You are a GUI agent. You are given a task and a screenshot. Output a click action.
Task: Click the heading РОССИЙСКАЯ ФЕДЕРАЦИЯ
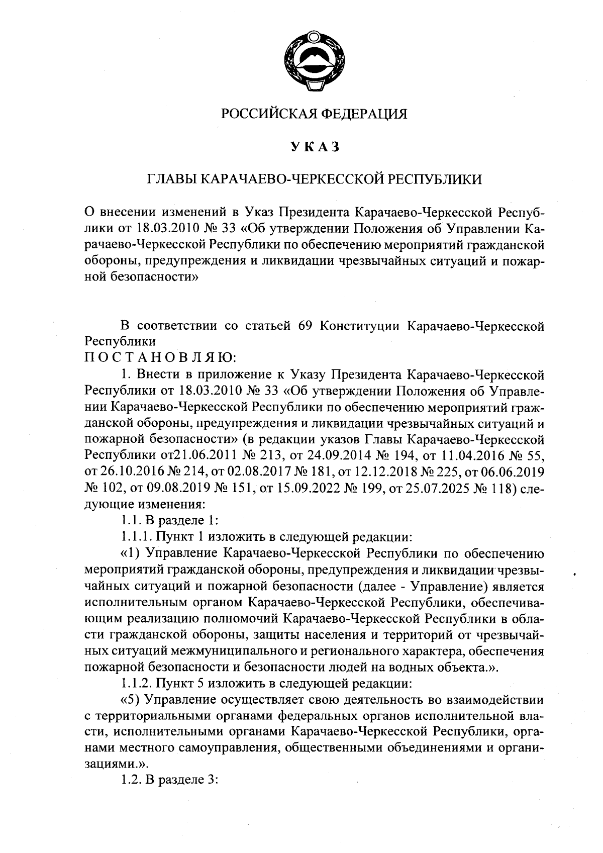[x=315, y=114]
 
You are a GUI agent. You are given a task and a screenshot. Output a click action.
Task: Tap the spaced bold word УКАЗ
[x=315, y=147]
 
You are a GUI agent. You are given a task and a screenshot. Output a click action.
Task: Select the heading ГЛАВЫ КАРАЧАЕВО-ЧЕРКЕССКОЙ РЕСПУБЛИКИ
[x=315, y=179]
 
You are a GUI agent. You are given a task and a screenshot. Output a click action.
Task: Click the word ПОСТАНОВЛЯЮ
[x=157, y=358]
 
